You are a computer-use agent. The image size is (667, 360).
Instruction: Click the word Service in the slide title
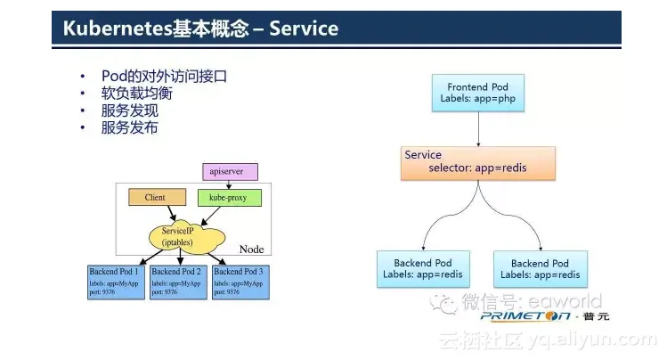pos(303,29)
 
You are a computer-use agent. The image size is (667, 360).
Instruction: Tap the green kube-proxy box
pos(228,197)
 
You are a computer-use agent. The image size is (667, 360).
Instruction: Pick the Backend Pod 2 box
pos(179,281)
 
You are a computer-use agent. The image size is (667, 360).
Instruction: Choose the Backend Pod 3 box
pos(240,281)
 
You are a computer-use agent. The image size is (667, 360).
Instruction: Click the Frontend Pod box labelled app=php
pos(477,93)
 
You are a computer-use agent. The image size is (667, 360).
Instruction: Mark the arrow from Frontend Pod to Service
pos(478,127)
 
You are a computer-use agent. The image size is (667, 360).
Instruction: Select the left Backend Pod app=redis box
pos(424,269)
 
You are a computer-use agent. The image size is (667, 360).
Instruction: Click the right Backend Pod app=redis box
pos(540,269)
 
